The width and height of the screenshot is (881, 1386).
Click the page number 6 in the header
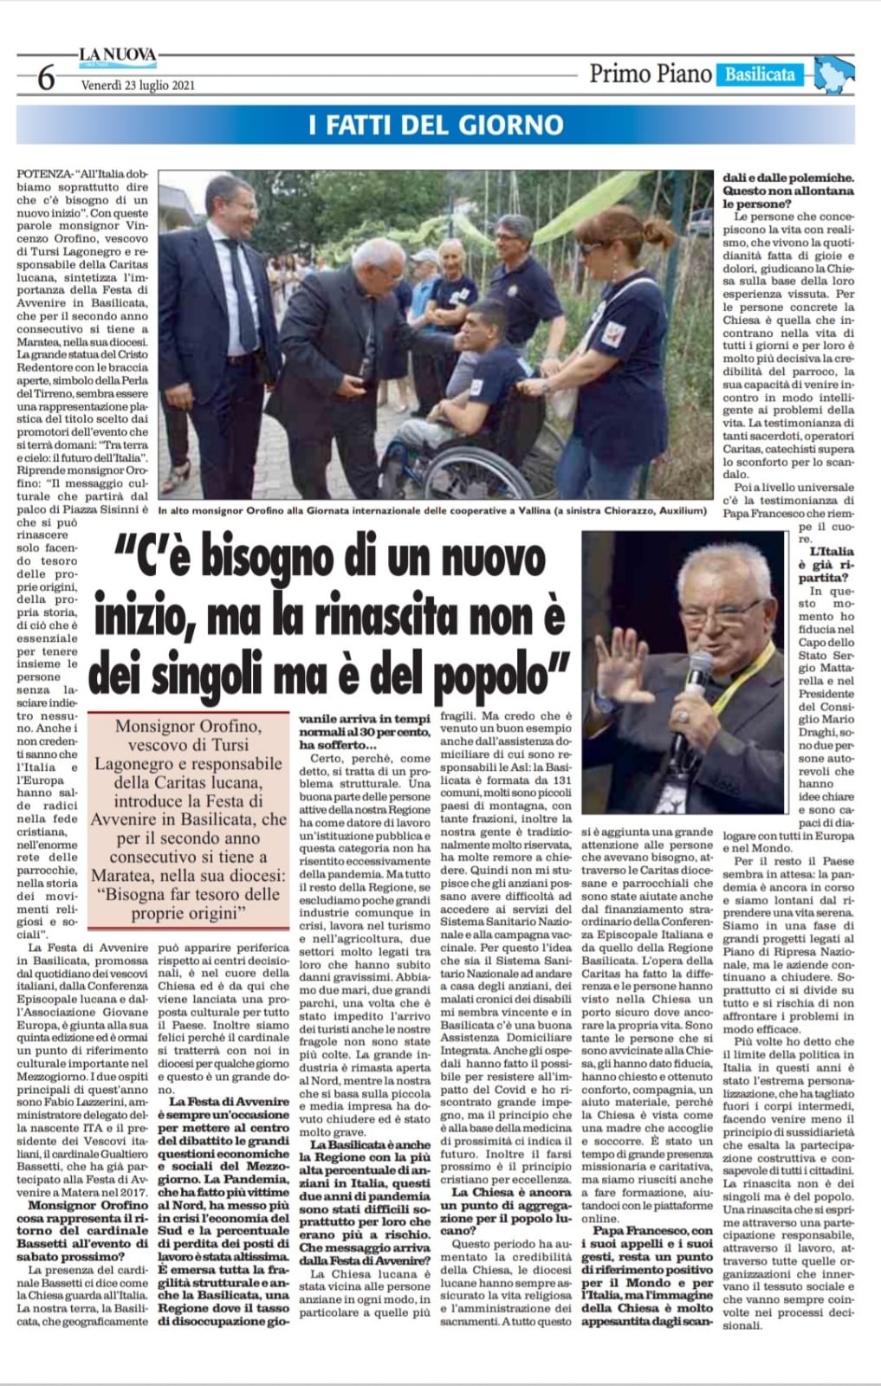coord(46,79)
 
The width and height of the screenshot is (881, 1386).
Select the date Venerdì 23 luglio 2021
coord(138,85)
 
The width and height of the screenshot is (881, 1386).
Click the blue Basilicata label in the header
coord(759,74)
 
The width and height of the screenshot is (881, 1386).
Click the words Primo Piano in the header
coord(651,74)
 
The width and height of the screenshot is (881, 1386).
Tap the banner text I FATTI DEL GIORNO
coord(436,126)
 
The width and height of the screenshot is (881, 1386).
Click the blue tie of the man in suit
coord(241,286)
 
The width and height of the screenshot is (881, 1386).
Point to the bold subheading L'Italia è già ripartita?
coord(830,564)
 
